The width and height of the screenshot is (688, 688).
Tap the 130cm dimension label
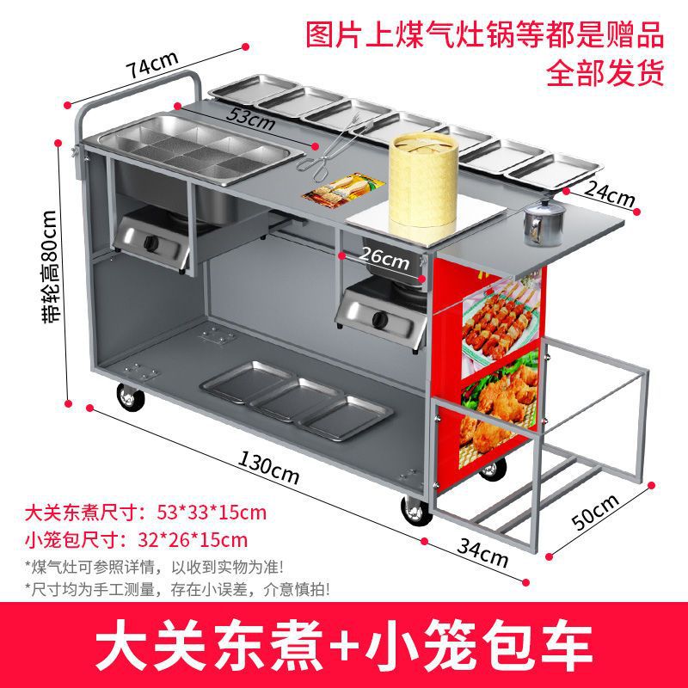point(269,469)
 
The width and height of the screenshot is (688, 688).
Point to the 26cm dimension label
point(384,255)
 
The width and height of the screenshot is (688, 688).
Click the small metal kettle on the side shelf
point(541,222)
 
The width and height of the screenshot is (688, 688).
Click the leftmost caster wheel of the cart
point(131,396)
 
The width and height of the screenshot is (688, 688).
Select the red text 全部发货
point(606,72)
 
